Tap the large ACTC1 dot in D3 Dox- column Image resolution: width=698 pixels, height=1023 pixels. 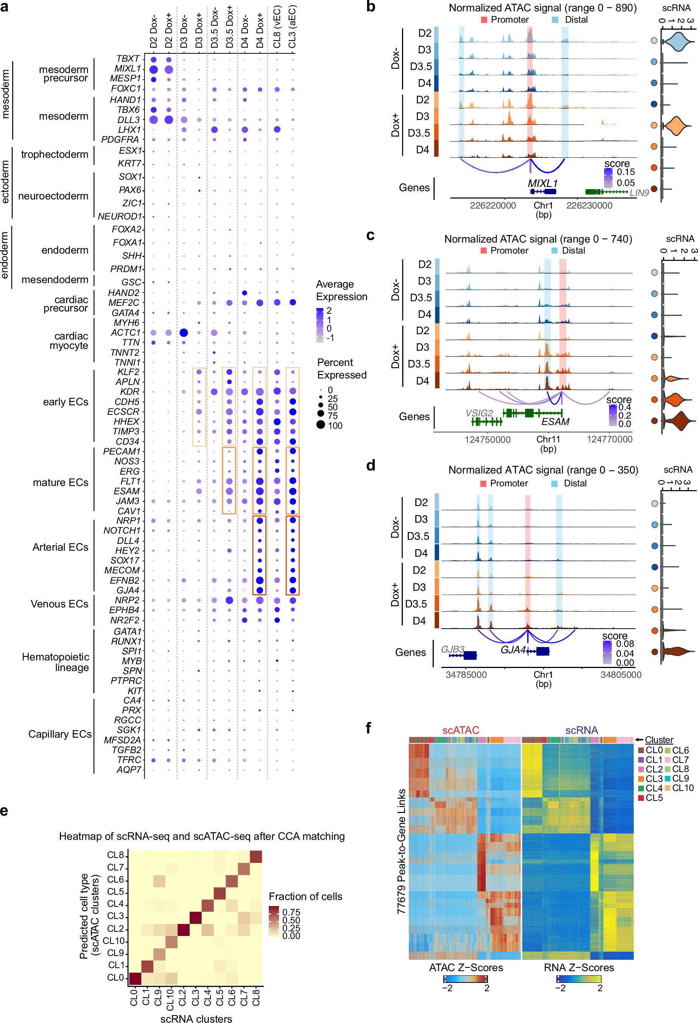pyautogui.click(x=184, y=332)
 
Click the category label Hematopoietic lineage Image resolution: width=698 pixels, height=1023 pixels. pyautogui.click(x=56, y=662)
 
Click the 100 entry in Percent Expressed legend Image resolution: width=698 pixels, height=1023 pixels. pyautogui.click(x=335, y=425)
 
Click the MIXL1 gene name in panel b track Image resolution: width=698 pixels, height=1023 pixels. pyautogui.click(x=542, y=183)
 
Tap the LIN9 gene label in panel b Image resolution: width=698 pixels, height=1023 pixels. pyautogui.click(x=639, y=192)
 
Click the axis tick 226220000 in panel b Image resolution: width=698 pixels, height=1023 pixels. pyautogui.click(x=493, y=206)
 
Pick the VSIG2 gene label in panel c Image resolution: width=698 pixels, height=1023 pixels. pyautogui.click(x=479, y=413)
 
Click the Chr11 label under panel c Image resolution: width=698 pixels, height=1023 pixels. pyautogui.click(x=548, y=439)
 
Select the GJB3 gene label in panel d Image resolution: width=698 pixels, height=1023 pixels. pyautogui.click(x=453, y=649)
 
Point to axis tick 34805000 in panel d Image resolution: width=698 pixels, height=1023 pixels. pyautogui.click(x=620, y=675)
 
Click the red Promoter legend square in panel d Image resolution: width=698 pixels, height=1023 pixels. pyautogui.click(x=483, y=483)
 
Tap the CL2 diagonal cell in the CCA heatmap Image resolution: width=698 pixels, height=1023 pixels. pyautogui.click(x=184, y=929)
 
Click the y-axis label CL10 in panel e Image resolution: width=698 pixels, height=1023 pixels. pyautogui.click(x=114, y=941)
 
